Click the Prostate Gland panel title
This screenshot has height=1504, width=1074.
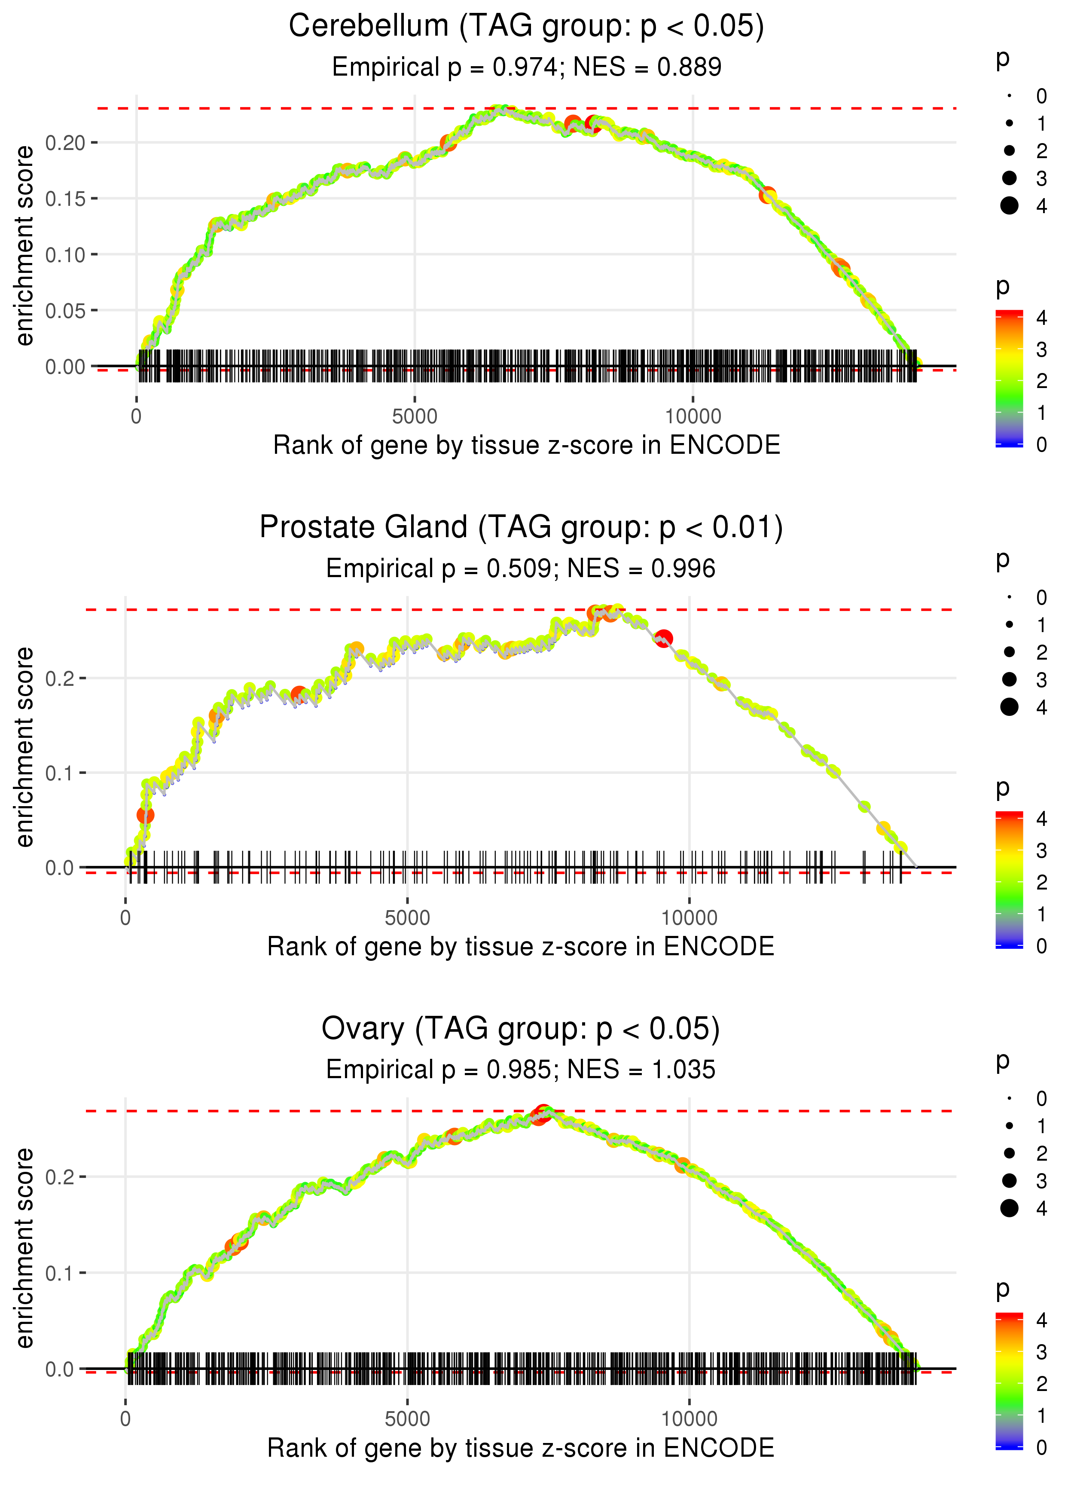coord(521,528)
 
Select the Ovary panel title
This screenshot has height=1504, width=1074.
coord(521,1029)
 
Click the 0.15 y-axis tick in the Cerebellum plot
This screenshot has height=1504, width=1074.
coord(65,199)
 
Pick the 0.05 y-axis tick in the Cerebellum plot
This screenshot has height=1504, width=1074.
coord(65,311)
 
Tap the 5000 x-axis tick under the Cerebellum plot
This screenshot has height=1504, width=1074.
coord(415,417)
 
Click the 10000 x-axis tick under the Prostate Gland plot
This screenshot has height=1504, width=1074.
coord(689,918)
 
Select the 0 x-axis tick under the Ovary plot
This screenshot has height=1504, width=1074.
coord(125,1419)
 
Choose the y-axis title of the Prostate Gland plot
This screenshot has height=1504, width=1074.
coord(25,747)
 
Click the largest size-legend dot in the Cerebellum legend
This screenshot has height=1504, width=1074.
coord(1009,206)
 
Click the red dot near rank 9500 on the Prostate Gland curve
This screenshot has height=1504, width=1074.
coord(664,638)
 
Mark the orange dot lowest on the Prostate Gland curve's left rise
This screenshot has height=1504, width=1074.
coord(146,815)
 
